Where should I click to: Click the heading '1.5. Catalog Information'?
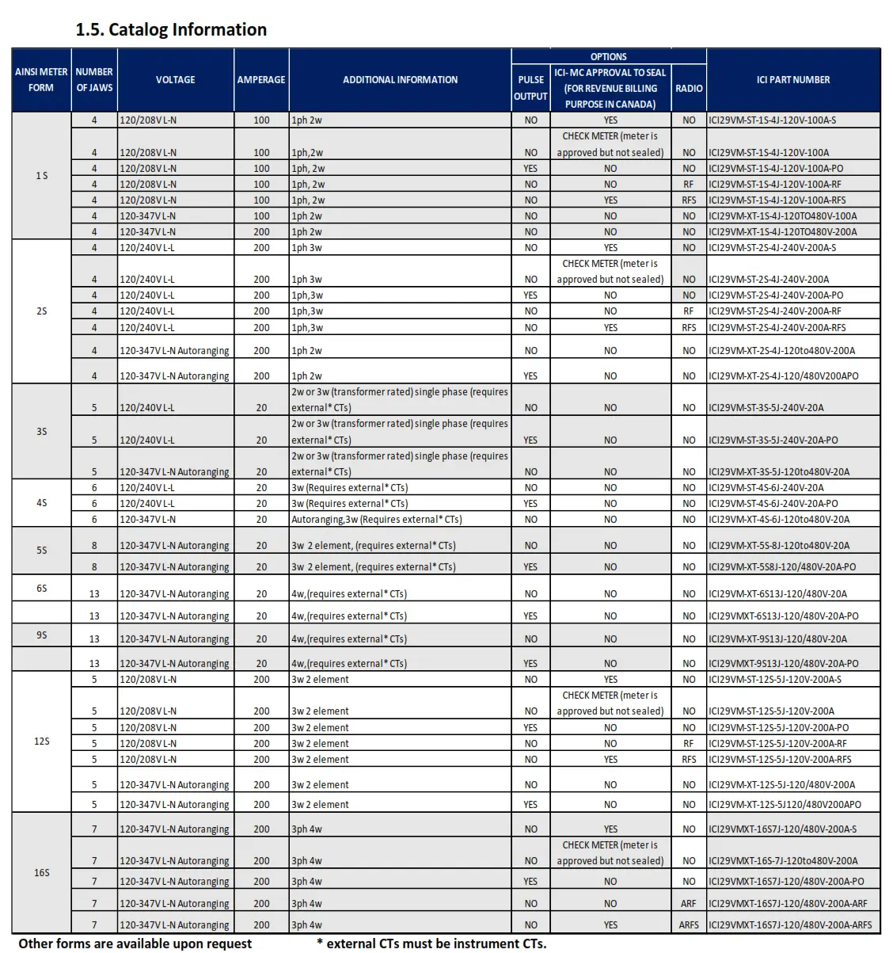171,30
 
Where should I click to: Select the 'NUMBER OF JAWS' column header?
94,79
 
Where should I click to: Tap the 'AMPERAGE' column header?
261,79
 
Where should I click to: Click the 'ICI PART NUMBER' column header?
792,79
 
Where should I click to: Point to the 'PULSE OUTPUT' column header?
530,87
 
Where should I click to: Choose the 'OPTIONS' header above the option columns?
608,56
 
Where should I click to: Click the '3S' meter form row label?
41,432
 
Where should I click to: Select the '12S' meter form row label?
41,741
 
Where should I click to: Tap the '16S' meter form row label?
41,872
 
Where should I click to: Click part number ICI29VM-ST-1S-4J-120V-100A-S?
772,120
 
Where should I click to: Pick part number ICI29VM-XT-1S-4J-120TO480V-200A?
782,232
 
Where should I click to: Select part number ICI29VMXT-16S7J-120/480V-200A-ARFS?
789,924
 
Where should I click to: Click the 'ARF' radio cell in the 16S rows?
689,903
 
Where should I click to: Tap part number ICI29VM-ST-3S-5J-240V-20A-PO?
773,440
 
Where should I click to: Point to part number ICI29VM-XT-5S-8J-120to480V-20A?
778,545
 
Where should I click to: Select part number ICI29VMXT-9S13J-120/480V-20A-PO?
783,663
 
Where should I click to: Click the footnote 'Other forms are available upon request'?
135,943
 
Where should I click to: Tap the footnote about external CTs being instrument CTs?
431,943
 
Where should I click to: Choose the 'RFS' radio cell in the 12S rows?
689,759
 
